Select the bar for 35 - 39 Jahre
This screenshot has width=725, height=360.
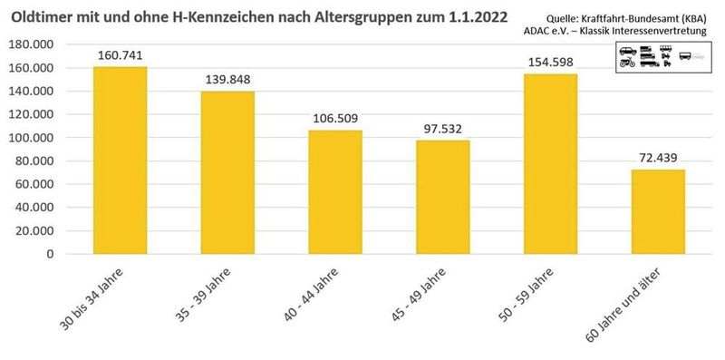click(227, 172)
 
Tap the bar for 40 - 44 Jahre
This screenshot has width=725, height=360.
click(335, 192)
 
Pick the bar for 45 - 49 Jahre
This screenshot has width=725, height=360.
click(442, 197)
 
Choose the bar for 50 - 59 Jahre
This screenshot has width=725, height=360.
click(550, 164)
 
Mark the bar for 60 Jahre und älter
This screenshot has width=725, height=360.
click(658, 211)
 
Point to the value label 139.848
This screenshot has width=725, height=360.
click(227, 80)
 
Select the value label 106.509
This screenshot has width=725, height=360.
click(335, 119)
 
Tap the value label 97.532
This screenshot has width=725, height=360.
click(442, 129)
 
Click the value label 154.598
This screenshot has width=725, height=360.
click(550, 63)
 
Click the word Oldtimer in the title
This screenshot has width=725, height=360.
click(43, 15)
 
